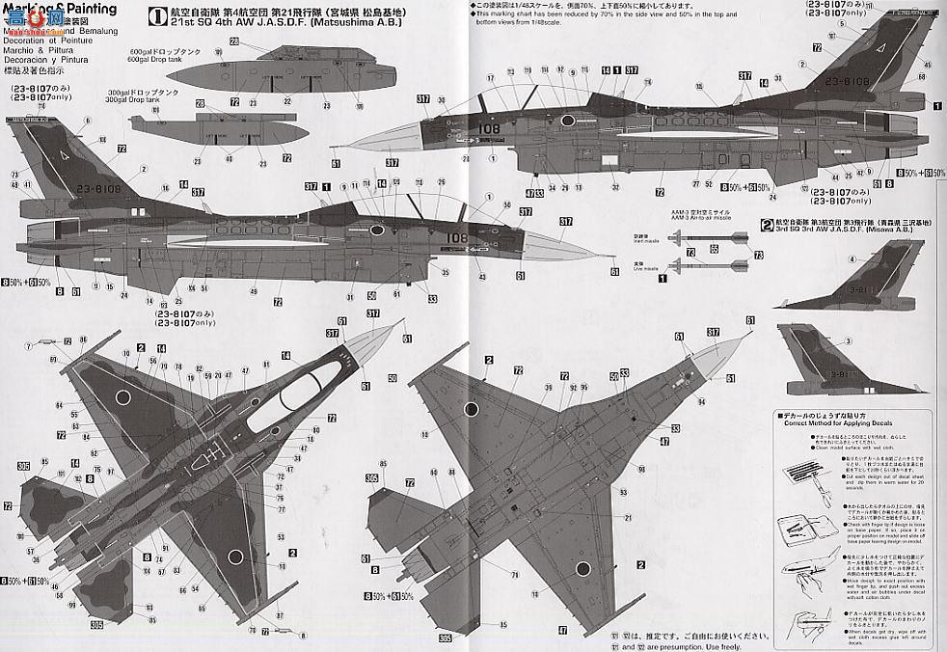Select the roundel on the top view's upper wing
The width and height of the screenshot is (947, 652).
pyautogui.click(x=124, y=396)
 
